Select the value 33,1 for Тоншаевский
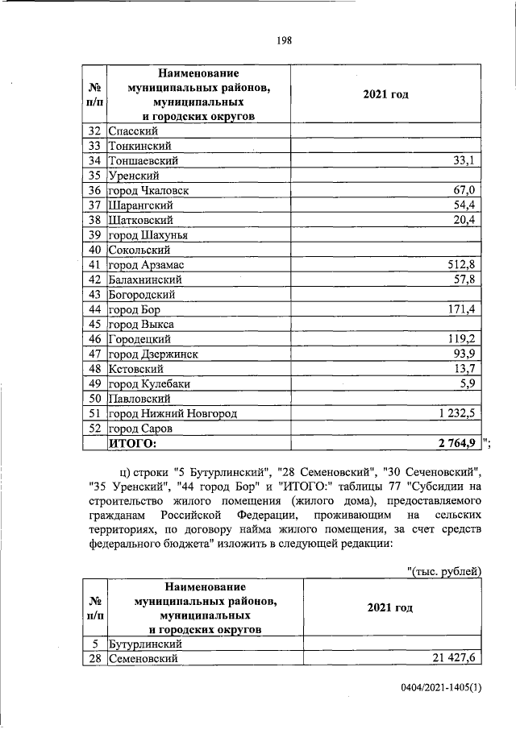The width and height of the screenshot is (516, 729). (x=464, y=161)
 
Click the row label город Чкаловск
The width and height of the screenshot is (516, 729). (x=146, y=190)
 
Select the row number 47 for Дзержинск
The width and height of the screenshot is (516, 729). (x=94, y=354)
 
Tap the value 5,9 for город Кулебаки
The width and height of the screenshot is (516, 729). (x=467, y=383)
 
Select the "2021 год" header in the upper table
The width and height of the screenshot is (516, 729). (x=386, y=95)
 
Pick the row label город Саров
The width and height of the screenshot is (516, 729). (x=139, y=428)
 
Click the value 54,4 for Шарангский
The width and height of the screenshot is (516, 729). (x=464, y=205)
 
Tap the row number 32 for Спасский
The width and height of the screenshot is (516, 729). (x=94, y=131)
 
